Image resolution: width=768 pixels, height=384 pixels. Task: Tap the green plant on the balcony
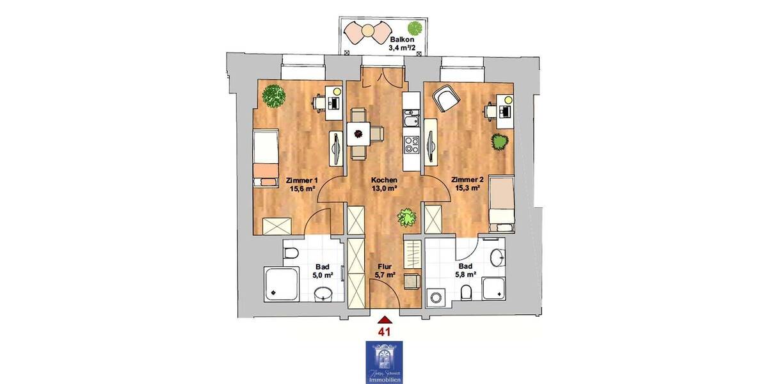coord(415,29)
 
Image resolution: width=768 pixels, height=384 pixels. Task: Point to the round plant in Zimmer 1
coord(275,97)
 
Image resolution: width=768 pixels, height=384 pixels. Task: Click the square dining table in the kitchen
coord(357,134)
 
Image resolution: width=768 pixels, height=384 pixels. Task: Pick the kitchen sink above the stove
coord(411,120)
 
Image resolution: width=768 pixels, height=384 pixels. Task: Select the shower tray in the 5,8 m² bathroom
coord(495,289)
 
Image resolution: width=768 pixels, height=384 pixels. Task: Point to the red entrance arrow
coord(384,319)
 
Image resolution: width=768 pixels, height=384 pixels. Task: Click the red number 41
coord(384,332)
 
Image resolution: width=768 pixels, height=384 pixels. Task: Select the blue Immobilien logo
coord(384,362)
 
